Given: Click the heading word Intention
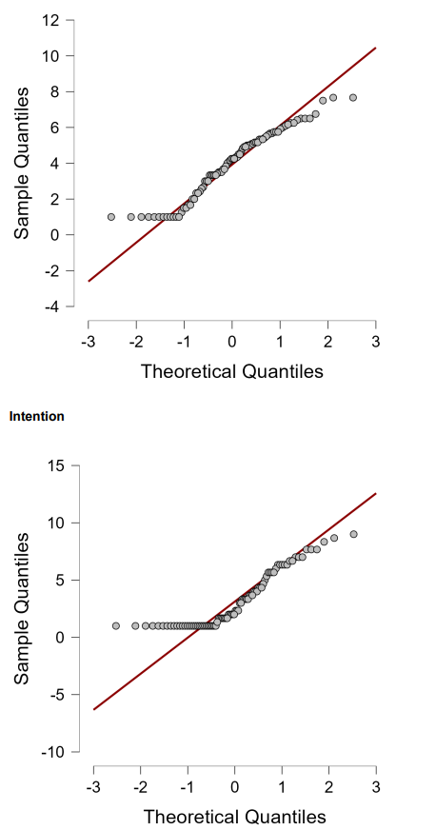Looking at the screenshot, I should coord(36,416).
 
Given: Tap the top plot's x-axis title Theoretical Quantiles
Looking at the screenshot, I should coord(231,371).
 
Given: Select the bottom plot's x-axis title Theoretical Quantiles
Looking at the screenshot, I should coord(234,817).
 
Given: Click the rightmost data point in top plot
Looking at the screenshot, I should coord(353,97).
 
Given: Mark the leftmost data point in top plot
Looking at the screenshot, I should coord(111,217).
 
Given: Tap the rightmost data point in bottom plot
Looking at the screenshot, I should coord(353,534).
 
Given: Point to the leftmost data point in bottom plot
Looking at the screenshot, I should coord(116,625).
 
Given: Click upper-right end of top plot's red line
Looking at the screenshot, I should coord(375,48).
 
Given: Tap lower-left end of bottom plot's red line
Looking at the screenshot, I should coord(93,709).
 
